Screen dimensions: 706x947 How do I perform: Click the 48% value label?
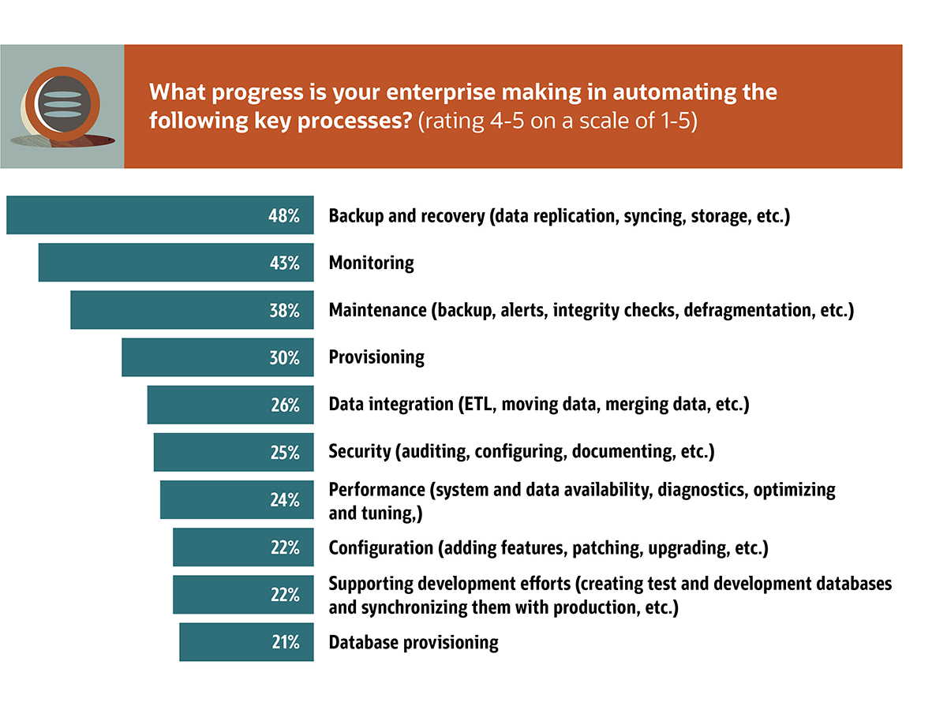click(284, 215)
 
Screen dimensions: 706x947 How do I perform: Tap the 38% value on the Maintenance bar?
click(284, 310)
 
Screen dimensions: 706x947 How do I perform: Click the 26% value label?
click(284, 405)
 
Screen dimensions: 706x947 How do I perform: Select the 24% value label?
click(284, 499)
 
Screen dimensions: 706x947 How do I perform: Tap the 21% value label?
click(284, 641)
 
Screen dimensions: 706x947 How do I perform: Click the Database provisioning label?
click(414, 642)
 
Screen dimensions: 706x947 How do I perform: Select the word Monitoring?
click(371, 263)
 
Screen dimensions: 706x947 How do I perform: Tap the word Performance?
click(377, 490)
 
